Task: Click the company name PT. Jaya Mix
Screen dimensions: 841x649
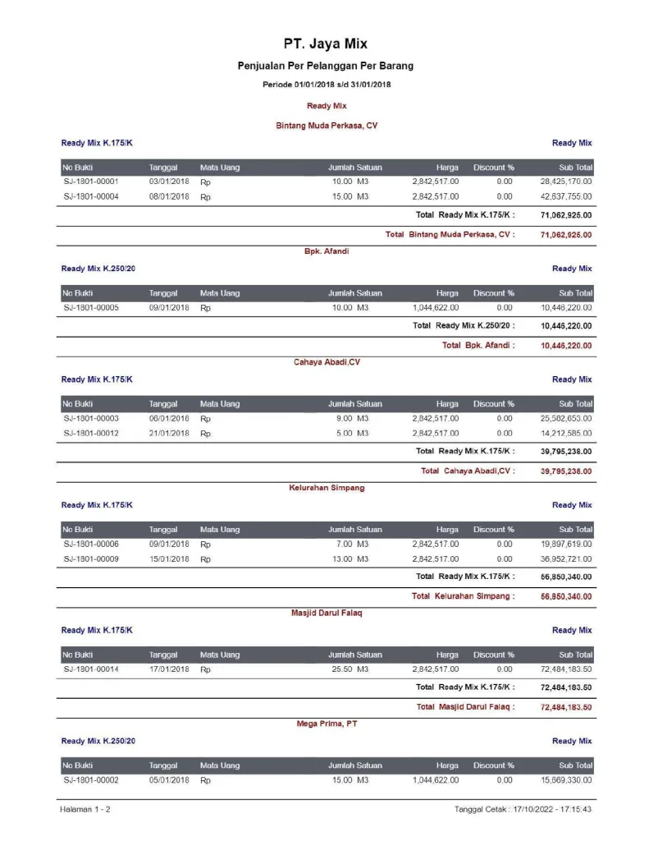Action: tap(326, 44)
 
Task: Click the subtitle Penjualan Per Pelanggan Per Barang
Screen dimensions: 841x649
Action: tap(326, 66)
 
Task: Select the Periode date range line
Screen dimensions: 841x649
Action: tap(326, 85)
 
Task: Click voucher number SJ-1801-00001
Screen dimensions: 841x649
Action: tap(91, 182)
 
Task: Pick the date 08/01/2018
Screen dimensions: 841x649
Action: tap(169, 197)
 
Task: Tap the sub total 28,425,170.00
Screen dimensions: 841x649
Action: tap(565, 182)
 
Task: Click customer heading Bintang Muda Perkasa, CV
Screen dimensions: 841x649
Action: tap(326, 126)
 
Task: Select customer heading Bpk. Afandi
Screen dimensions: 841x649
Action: tap(326, 251)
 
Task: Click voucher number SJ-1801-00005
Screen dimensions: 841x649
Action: tap(91, 307)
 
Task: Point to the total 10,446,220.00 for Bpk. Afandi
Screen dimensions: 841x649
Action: tap(565, 346)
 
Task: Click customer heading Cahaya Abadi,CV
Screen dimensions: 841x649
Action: tap(327, 362)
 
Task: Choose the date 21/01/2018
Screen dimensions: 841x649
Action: tap(169, 434)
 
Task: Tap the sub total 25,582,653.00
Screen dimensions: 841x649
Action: tap(565, 418)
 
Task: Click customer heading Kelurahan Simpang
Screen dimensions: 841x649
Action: tap(327, 488)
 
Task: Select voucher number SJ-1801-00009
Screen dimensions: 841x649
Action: tap(91, 559)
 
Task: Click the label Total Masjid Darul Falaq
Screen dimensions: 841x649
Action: tap(465, 707)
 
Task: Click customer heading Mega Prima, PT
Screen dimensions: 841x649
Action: tap(327, 724)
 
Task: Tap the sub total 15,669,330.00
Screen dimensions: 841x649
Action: tap(565, 780)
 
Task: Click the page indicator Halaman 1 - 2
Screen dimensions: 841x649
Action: tap(85, 810)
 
